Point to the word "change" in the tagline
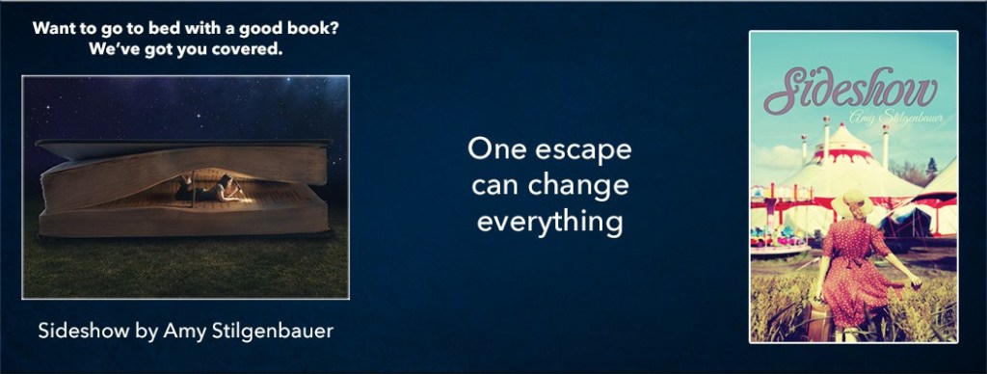[583, 186]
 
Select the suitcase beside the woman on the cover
[819, 324]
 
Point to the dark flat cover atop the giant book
[183, 147]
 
